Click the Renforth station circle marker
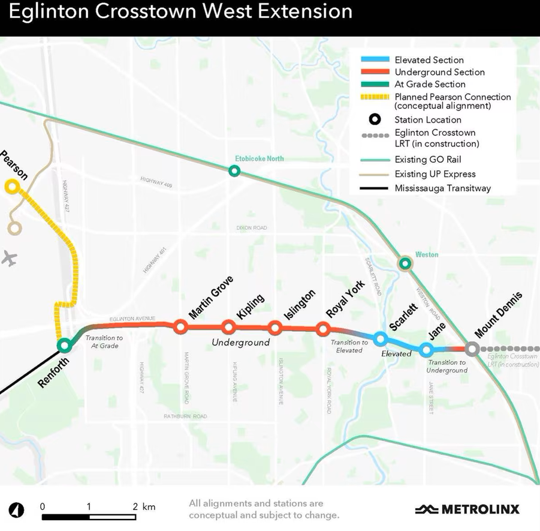[64, 345]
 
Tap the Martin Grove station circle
[180, 326]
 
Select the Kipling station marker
[228, 327]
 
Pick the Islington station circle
[275, 328]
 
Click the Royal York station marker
[323, 329]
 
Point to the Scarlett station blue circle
[379, 339]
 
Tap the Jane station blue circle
[426, 349]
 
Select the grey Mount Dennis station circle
[472, 349]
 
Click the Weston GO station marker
[405, 263]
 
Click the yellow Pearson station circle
[11, 187]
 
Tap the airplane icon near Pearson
[9, 259]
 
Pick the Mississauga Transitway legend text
[442, 188]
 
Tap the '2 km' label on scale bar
[144, 507]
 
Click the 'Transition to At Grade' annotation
[104, 341]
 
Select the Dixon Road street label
[252, 228]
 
